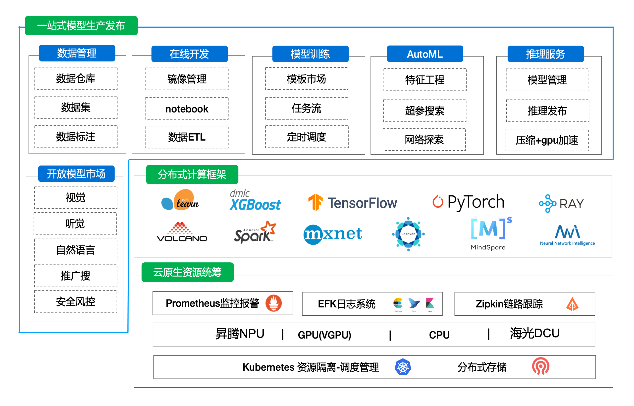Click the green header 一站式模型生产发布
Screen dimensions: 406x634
(81, 26)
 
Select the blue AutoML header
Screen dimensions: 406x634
(425, 54)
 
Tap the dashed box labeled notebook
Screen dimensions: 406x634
(187, 109)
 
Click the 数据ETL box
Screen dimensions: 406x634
(187, 137)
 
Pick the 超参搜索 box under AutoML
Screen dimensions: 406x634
(425, 111)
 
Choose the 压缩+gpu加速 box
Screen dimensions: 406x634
(547, 140)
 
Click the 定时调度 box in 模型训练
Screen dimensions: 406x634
(307, 137)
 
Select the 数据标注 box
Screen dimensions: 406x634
(76, 137)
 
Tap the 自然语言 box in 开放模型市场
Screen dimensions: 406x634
(76, 250)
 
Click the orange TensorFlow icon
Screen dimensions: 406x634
(316, 202)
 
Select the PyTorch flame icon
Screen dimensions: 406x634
(438, 202)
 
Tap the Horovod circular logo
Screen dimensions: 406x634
(408, 234)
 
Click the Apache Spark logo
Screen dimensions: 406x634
(255, 232)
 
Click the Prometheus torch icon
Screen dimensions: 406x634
(273, 303)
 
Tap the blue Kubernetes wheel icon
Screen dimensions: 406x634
(403, 367)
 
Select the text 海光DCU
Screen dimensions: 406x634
(534, 333)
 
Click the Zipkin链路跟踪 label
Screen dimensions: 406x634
(509, 304)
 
